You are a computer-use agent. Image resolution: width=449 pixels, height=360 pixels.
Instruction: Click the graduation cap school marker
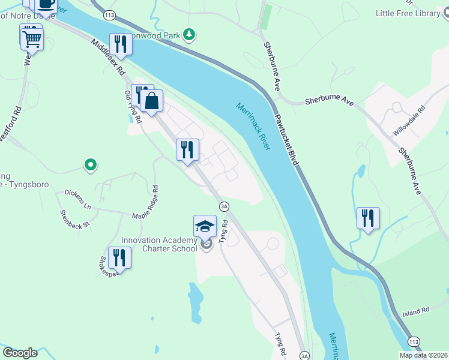(205, 226)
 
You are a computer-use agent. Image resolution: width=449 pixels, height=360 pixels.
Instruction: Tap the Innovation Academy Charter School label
(159, 245)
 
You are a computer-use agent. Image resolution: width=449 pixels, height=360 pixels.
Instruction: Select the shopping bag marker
(152, 101)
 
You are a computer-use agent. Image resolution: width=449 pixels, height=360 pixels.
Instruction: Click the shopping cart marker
(32, 40)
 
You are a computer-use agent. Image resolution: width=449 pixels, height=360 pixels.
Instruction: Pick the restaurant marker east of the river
(368, 218)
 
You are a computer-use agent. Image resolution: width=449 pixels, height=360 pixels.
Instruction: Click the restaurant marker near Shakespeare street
(119, 258)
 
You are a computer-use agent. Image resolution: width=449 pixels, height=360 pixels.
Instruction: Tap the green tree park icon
(190, 34)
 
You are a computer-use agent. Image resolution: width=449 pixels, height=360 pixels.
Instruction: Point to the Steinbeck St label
(74, 218)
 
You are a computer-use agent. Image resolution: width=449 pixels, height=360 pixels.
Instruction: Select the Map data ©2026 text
(423, 355)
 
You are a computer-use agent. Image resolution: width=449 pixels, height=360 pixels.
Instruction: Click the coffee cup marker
(46, 5)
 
